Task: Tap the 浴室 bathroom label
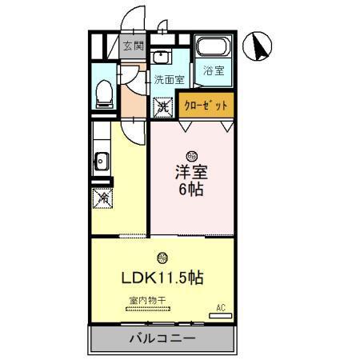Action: coord(214,70)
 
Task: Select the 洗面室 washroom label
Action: coord(170,80)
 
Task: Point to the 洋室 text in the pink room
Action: coord(191,172)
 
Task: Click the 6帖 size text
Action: coord(191,192)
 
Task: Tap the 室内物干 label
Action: coord(146,301)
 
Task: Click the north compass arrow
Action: coord(261,47)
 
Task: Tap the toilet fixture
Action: coord(102,94)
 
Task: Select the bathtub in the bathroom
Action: coord(214,48)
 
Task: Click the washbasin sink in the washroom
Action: coord(160,57)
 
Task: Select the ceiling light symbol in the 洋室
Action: coord(191,155)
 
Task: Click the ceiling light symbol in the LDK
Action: coord(162,258)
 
